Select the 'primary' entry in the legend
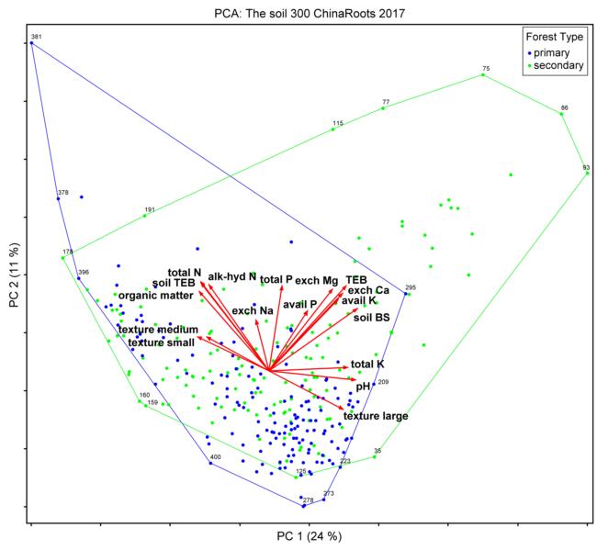pyautogui.click(x=554, y=53)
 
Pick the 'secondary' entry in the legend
pyautogui.click(x=559, y=67)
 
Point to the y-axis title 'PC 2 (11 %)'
pyautogui.click(x=13, y=276)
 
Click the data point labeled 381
pyautogui.click(x=31, y=42)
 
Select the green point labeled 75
pyautogui.click(x=483, y=74)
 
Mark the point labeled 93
pyautogui.click(x=587, y=173)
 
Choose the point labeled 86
pyautogui.click(x=561, y=114)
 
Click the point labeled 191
pyautogui.click(x=145, y=216)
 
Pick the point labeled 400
pyautogui.click(x=210, y=462)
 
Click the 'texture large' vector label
pyautogui.click(x=376, y=417)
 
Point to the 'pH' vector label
pyautogui.click(x=362, y=387)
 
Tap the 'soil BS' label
pyautogui.click(x=371, y=318)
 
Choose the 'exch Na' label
pyautogui.click(x=253, y=311)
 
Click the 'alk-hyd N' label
pyautogui.click(x=231, y=276)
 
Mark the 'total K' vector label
pyautogui.click(x=367, y=365)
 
